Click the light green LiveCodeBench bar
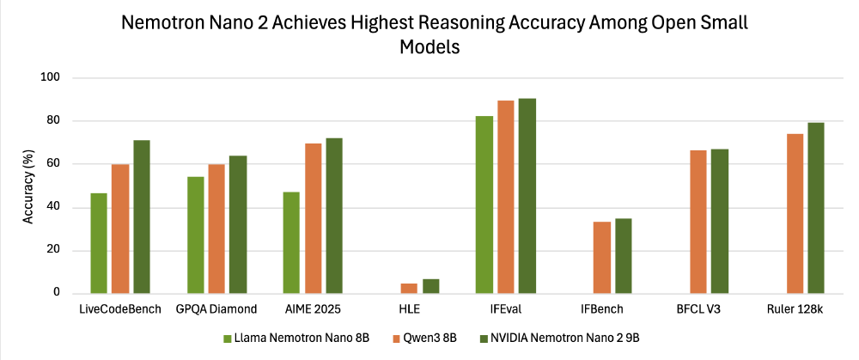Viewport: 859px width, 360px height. [100, 243]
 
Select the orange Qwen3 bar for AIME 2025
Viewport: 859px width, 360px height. [313, 218]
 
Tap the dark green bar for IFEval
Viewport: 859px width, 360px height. [527, 196]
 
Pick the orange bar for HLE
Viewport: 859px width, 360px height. [409, 288]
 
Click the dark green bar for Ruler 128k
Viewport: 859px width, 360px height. [815, 208]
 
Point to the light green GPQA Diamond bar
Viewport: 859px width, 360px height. [196, 235]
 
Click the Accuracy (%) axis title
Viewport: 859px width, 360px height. [28, 185]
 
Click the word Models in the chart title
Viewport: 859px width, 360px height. [430, 48]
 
